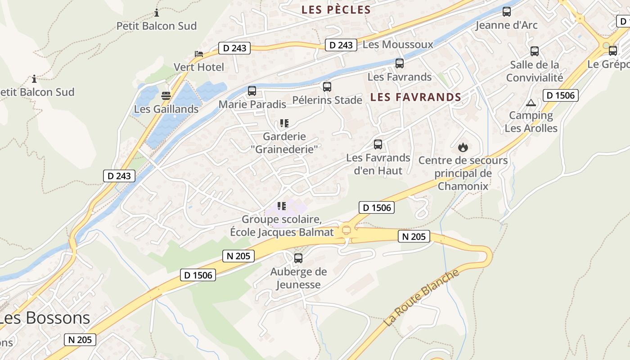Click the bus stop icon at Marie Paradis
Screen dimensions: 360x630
[x=252, y=91]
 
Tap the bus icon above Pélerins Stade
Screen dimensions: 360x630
[x=327, y=86]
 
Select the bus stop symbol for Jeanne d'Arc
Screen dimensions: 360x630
[x=507, y=12]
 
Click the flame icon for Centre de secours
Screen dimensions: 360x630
[x=463, y=147]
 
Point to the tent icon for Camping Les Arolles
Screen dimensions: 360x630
[x=531, y=103]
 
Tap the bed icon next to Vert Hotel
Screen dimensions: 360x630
[x=199, y=54]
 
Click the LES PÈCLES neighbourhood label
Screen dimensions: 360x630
[x=336, y=10]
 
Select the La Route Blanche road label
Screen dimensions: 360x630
[x=421, y=298]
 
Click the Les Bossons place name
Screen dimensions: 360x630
[x=44, y=318]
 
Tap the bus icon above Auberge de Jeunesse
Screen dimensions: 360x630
[x=298, y=258]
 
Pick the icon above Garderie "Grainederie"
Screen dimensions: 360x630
[x=284, y=123]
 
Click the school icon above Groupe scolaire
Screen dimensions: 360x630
[x=282, y=206]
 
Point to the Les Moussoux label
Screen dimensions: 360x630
[x=397, y=45]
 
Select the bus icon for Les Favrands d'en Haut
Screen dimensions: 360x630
[x=378, y=144]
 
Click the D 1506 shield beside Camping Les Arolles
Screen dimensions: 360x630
[x=560, y=95]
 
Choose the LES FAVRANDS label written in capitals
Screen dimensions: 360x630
[x=416, y=97]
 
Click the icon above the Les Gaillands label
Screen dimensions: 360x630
[x=166, y=95]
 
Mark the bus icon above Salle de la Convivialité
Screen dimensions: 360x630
[x=535, y=51]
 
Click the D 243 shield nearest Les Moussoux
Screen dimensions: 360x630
[x=341, y=45]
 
